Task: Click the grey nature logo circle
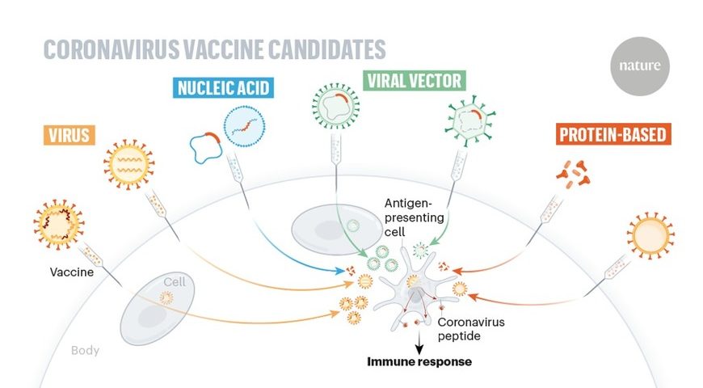click(640, 66)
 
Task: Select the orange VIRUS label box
click(69, 135)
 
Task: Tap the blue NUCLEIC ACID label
click(223, 87)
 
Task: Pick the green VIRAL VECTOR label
click(415, 81)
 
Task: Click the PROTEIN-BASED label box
click(613, 134)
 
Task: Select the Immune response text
click(419, 361)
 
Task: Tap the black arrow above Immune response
click(419, 344)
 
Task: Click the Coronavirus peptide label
click(471, 329)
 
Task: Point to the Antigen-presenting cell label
click(415, 217)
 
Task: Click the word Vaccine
click(72, 272)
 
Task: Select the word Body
click(85, 350)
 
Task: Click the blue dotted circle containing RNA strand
click(244, 126)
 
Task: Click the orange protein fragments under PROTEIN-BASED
click(573, 174)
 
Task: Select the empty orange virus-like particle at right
click(650, 235)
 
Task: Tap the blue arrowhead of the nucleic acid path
click(340, 271)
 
